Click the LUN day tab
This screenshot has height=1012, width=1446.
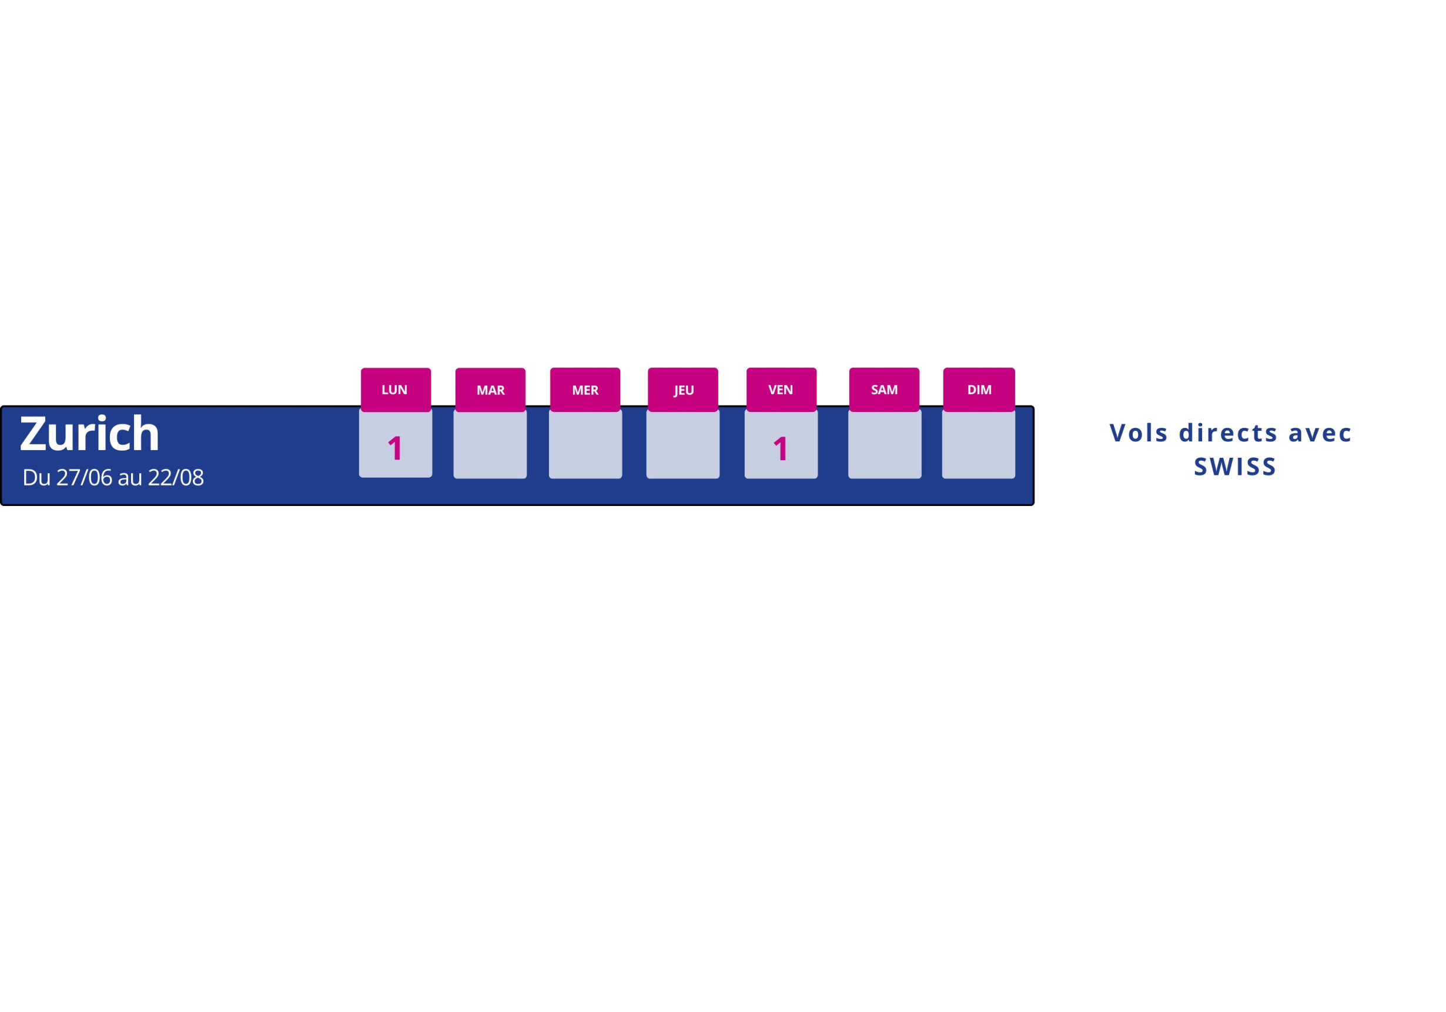click(x=396, y=390)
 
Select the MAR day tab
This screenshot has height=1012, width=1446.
click(x=491, y=390)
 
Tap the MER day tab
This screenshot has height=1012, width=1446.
click(x=585, y=390)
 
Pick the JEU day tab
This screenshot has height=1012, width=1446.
click(x=683, y=390)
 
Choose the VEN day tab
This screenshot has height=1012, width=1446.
click(x=782, y=390)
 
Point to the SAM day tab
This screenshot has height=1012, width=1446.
click(x=884, y=390)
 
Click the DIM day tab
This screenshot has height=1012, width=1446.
click(x=979, y=390)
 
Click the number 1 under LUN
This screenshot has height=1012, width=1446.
click(x=395, y=448)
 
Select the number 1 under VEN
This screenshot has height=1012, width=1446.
click(x=781, y=448)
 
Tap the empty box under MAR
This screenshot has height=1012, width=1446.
click(x=490, y=445)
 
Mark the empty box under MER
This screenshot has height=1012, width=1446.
click(x=585, y=445)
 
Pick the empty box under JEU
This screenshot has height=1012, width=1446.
click(x=682, y=445)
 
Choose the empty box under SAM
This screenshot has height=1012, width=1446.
click(x=885, y=445)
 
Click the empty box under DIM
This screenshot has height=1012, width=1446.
click(x=979, y=445)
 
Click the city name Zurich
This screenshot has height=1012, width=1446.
click(x=89, y=433)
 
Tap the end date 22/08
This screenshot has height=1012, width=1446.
click(x=176, y=477)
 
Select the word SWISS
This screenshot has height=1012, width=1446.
click(x=1235, y=467)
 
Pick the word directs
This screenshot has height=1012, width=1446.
click(x=1228, y=433)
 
